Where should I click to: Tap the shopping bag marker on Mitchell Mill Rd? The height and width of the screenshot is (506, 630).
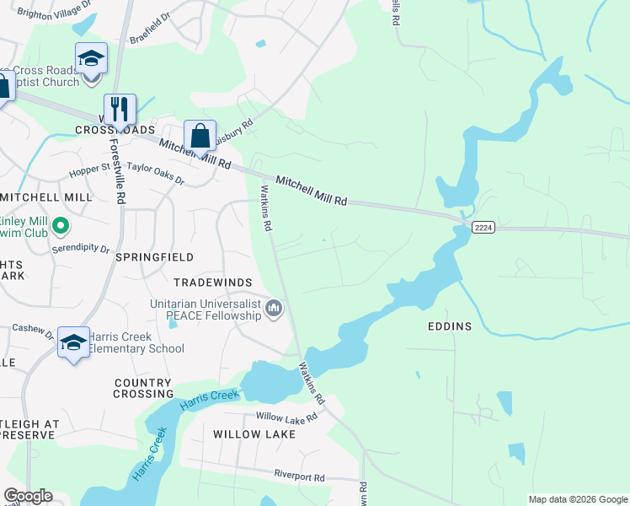point(200,135)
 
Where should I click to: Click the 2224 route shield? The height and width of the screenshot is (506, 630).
point(483,227)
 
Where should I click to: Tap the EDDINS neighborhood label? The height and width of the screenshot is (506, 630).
point(450,326)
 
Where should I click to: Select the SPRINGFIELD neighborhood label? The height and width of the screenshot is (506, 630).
point(154,256)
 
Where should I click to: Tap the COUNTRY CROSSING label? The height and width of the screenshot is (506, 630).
point(143,388)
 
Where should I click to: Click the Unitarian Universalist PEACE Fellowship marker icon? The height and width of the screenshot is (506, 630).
point(274,310)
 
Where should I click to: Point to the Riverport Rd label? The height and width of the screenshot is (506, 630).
point(300,476)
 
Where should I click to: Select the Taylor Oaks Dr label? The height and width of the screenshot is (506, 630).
point(156,169)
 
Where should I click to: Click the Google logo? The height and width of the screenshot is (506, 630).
point(28,496)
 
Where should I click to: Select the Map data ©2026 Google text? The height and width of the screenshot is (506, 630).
point(577,499)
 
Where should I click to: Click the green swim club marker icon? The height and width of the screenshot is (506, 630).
point(60,225)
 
